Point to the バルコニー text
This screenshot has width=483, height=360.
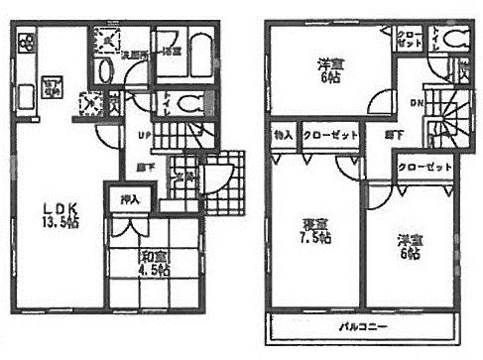363,324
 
